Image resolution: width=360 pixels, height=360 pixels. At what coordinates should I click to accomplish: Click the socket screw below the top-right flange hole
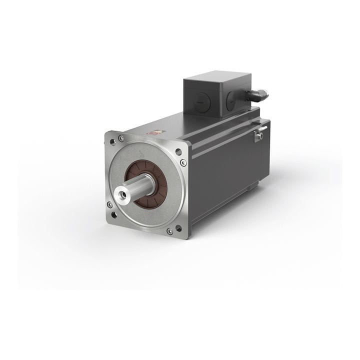[x=183, y=162]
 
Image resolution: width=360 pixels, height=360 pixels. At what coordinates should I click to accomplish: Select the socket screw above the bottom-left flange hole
[x=109, y=204]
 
